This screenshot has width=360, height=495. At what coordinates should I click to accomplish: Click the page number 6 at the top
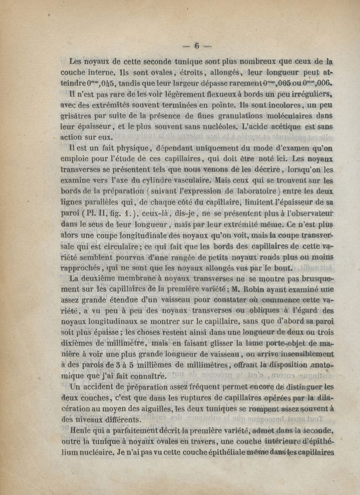coord(196,45)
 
